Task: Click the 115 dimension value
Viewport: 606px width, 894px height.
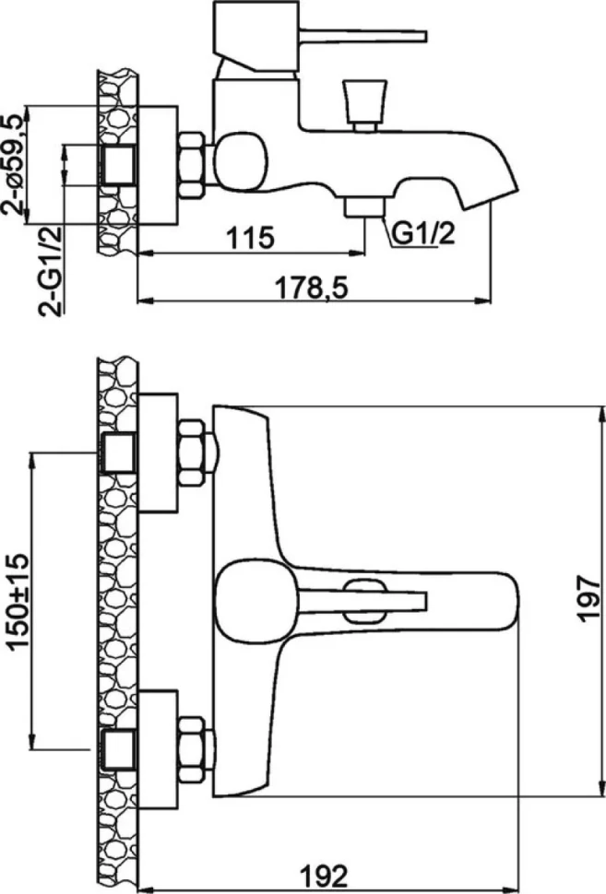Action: tap(251, 237)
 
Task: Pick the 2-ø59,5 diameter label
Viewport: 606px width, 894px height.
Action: tap(15, 164)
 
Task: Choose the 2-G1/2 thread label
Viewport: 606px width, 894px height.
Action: tap(50, 271)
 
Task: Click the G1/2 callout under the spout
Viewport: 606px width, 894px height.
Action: tap(423, 233)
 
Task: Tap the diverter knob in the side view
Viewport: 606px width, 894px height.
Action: tap(364, 105)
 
